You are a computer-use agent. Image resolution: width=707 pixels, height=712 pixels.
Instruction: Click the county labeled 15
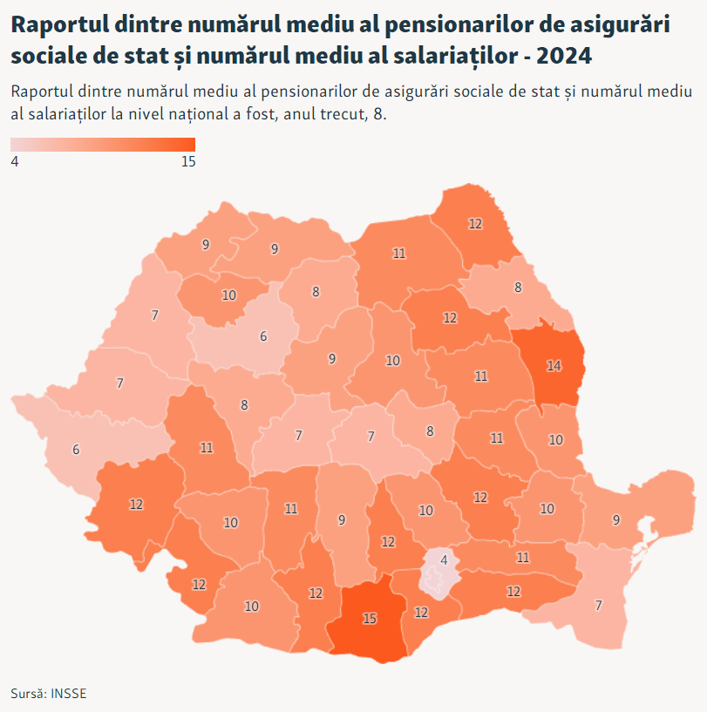click(370, 619)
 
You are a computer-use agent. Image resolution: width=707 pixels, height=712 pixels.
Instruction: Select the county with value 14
click(554, 366)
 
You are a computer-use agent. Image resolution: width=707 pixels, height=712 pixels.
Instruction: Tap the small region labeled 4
click(444, 560)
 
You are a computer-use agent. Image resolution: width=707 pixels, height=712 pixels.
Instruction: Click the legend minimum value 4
click(15, 161)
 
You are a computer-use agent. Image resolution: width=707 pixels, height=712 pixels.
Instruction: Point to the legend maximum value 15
click(187, 161)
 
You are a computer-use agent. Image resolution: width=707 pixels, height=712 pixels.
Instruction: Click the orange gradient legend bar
click(103, 145)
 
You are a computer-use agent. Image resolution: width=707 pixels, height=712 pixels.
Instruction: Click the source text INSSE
click(69, 694)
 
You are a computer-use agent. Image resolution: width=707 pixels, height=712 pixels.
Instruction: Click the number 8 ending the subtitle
click(379, 113)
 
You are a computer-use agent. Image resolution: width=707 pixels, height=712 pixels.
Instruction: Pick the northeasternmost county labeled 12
click(475, 224)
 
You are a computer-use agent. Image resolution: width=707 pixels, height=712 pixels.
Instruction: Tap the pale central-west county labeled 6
click(263, 336)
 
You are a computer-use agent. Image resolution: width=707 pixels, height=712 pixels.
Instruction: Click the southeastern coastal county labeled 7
click(598, 606)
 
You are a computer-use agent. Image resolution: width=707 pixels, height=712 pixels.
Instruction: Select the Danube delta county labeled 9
click(616, 520)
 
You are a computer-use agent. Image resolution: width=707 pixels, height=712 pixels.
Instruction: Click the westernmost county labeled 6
click(76, 450)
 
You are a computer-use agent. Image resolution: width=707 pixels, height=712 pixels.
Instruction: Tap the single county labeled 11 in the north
click(399, 254)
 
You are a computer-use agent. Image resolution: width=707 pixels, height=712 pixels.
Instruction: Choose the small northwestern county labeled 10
click(229, 295)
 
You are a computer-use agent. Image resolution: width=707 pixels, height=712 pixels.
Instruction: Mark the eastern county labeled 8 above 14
click(518, 287)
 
